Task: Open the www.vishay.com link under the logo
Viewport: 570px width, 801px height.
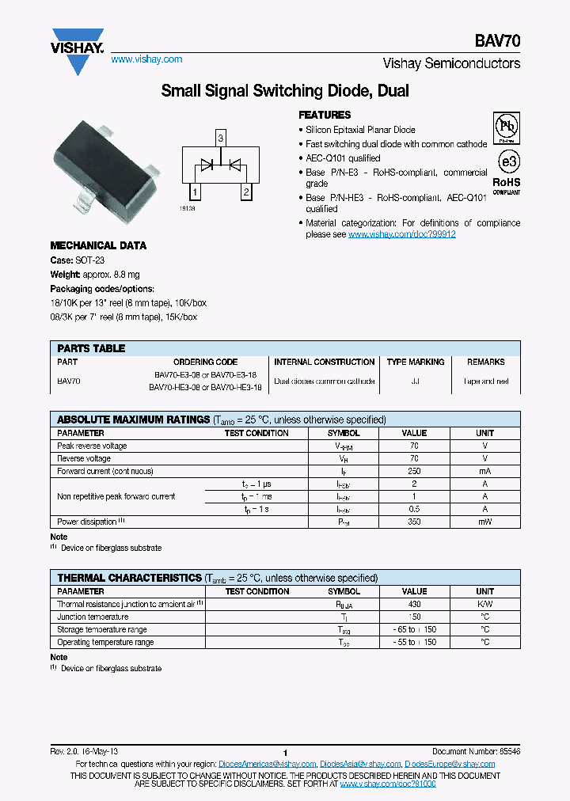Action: coord(146,59)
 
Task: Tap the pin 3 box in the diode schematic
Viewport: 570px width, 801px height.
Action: coord(221,139)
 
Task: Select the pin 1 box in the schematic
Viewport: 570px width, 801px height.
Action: coord(194,192)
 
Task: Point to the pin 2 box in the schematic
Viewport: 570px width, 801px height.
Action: coord(246,192)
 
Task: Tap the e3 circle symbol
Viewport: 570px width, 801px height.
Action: coord(507,162)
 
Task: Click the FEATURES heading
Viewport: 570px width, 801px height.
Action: coord(325,115)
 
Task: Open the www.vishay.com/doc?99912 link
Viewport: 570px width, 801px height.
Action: coord(401,234)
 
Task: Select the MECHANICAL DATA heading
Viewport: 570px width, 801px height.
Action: coord(98,246)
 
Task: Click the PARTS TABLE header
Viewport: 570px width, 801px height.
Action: coord(91,348)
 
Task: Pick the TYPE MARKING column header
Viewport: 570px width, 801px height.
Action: coord(415,362)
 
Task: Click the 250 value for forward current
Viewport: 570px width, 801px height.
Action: coord(414,471)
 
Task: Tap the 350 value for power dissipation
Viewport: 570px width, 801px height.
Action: coord(414,522)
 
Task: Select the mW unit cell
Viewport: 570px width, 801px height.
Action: coord(484,522)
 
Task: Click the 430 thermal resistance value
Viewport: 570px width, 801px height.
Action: coord(414,604)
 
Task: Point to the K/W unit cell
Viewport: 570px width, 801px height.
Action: coord(484,604)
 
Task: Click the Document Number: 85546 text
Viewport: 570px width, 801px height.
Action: coord(476,751)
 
